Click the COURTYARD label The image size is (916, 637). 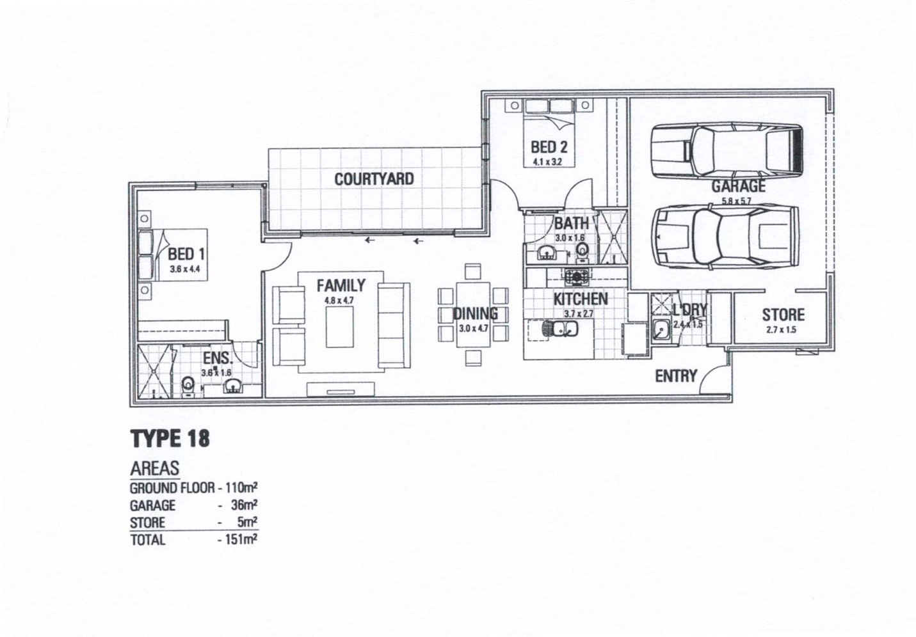[374, 179]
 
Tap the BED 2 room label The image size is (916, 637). [549, 147]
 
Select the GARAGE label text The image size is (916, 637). [738, 186]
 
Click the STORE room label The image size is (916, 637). [783, 315]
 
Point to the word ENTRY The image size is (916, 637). [675, 376]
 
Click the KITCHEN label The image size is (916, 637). [580, 299]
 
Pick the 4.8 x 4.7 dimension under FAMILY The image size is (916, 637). [339, 300]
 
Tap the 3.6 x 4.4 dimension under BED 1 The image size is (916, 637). [185, 269]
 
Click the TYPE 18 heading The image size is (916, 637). [170, 439]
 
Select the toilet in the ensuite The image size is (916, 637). [188, 386]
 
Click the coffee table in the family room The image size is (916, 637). [339, 327]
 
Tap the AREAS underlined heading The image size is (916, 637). [154, 468]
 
